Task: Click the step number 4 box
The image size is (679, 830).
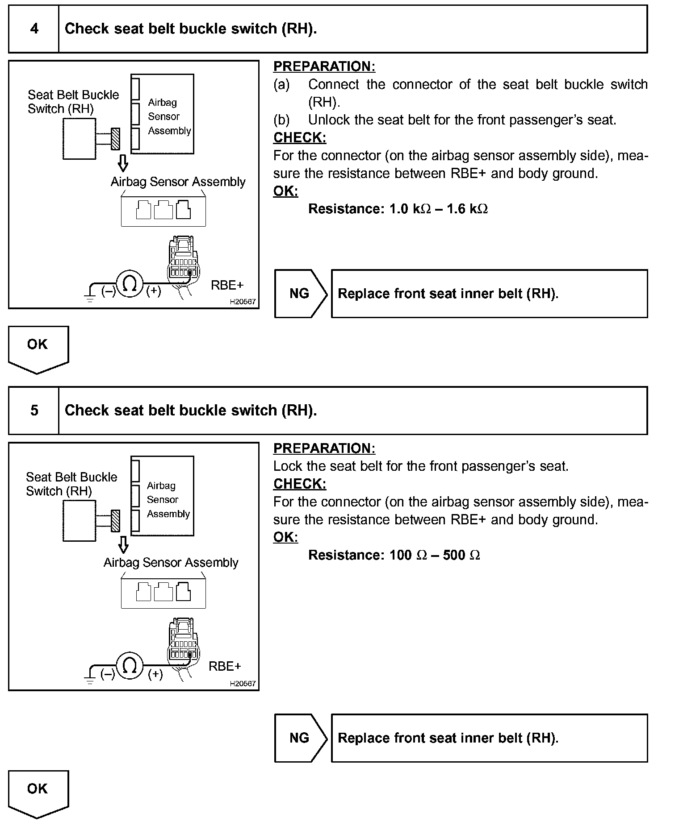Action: pos(34,29)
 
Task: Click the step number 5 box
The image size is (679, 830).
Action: pos(34,411)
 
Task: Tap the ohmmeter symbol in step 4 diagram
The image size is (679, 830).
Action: pos(130,284)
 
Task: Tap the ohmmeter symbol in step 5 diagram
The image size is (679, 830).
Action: pos(130,666)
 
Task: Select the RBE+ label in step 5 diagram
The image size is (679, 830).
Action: pos(225,666)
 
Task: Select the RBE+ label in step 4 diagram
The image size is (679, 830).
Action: pos(227,285)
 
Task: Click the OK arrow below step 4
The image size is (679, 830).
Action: pos(38,348)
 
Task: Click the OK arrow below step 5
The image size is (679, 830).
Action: pos(38,793)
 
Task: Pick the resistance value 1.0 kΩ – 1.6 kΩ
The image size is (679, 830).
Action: pos(438,209)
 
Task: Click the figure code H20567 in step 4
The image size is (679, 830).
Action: pos(243,302)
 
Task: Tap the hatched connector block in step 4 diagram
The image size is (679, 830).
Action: pos(115,139)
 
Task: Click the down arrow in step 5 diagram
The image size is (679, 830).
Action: pos(123,545)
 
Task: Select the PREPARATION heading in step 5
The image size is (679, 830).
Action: pos(324,448)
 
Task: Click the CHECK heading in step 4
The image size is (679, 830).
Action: pos(300,138)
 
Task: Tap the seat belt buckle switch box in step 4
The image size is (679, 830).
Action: pos(79,139)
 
